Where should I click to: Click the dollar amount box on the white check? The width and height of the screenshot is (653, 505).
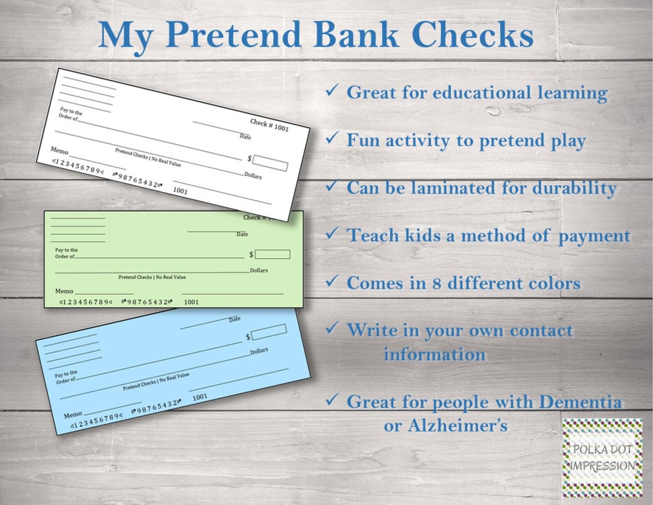tap(270, 163)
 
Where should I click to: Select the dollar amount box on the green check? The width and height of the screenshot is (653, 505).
tap(272, 254)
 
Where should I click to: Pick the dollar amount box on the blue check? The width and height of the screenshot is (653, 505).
tap(269, 332)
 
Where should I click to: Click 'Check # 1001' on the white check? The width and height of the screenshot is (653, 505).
tap(269, 125)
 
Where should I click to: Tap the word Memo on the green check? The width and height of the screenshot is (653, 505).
tap(64, 291)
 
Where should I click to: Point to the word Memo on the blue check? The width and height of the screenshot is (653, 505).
tap(73, 415)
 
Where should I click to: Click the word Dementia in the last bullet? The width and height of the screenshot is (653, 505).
tap(580, 402)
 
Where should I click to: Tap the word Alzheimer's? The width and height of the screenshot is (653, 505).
tap(457, 426)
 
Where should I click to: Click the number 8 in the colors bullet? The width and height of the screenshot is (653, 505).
tap(436, 283)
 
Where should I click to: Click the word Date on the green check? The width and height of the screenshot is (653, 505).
tap(242, 234)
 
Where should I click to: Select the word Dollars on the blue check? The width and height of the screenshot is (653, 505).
tap(259, 351)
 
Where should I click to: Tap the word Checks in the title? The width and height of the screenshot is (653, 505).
tap(472, 35)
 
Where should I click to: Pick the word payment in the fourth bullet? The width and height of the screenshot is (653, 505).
tap(594, 236)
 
